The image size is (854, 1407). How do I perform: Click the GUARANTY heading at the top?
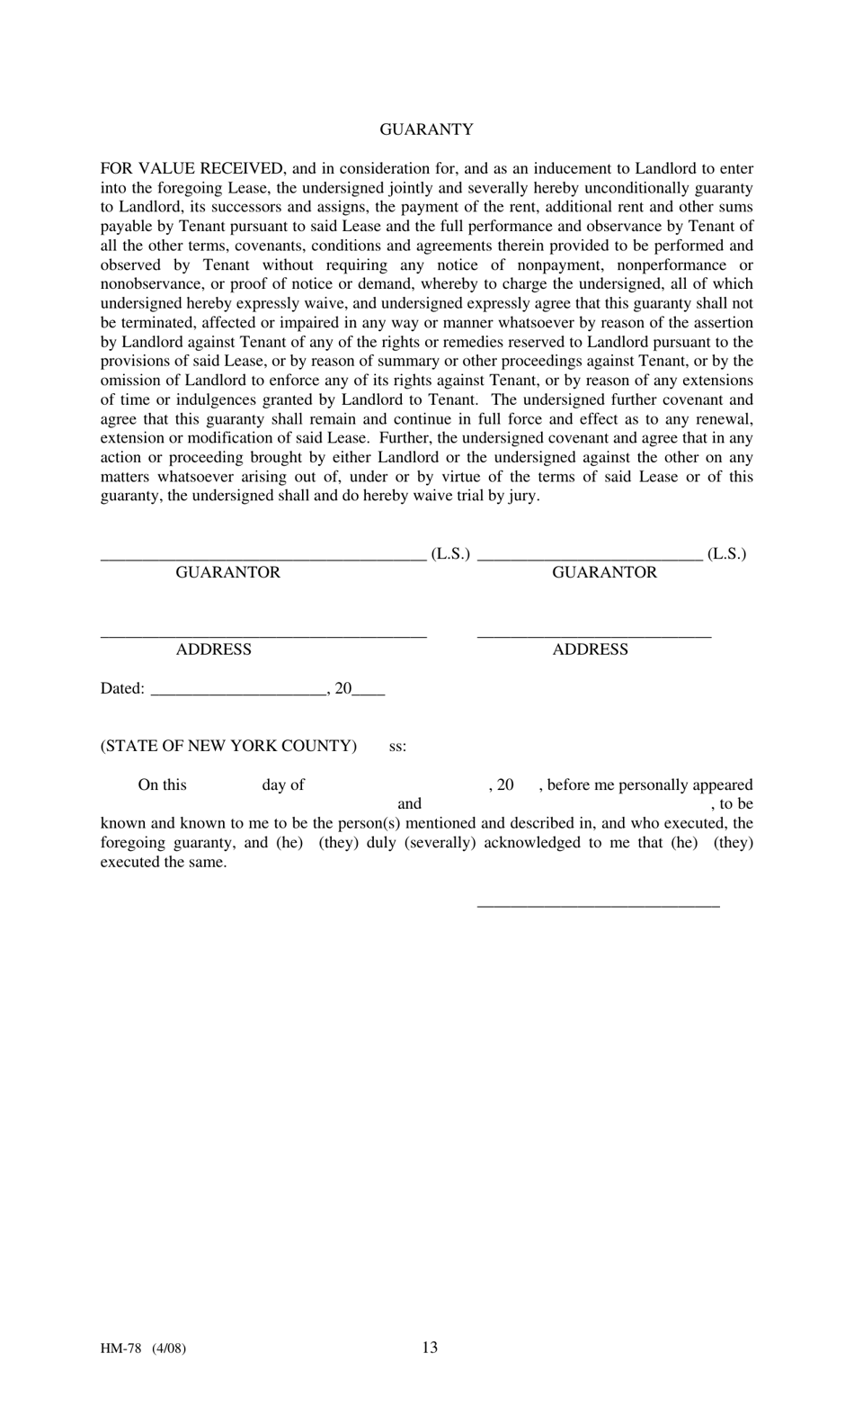click(x=426, y=130)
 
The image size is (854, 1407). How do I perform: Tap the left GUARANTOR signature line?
click(x=262, y=559)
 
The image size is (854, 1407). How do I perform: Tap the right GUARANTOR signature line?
click(x=590, y=559)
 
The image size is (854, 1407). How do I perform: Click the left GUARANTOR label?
click(x=227, y=573)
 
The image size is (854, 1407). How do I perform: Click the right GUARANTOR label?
click(x=604, y=573)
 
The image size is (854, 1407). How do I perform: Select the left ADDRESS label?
click(x=213, y=650)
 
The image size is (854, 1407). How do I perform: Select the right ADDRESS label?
click(x=590, y=650)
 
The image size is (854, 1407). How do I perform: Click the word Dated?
click(x=122, y=689)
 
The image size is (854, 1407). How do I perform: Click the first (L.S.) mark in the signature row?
click(x=450, y=554)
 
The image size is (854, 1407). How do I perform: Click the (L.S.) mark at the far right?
click(x=726, y=554)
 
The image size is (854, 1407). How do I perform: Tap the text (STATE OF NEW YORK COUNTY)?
click(x=228, y=746)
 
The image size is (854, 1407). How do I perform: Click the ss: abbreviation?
click(x=397, y=747)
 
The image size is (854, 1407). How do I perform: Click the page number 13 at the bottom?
click(x=430, y=1347)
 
